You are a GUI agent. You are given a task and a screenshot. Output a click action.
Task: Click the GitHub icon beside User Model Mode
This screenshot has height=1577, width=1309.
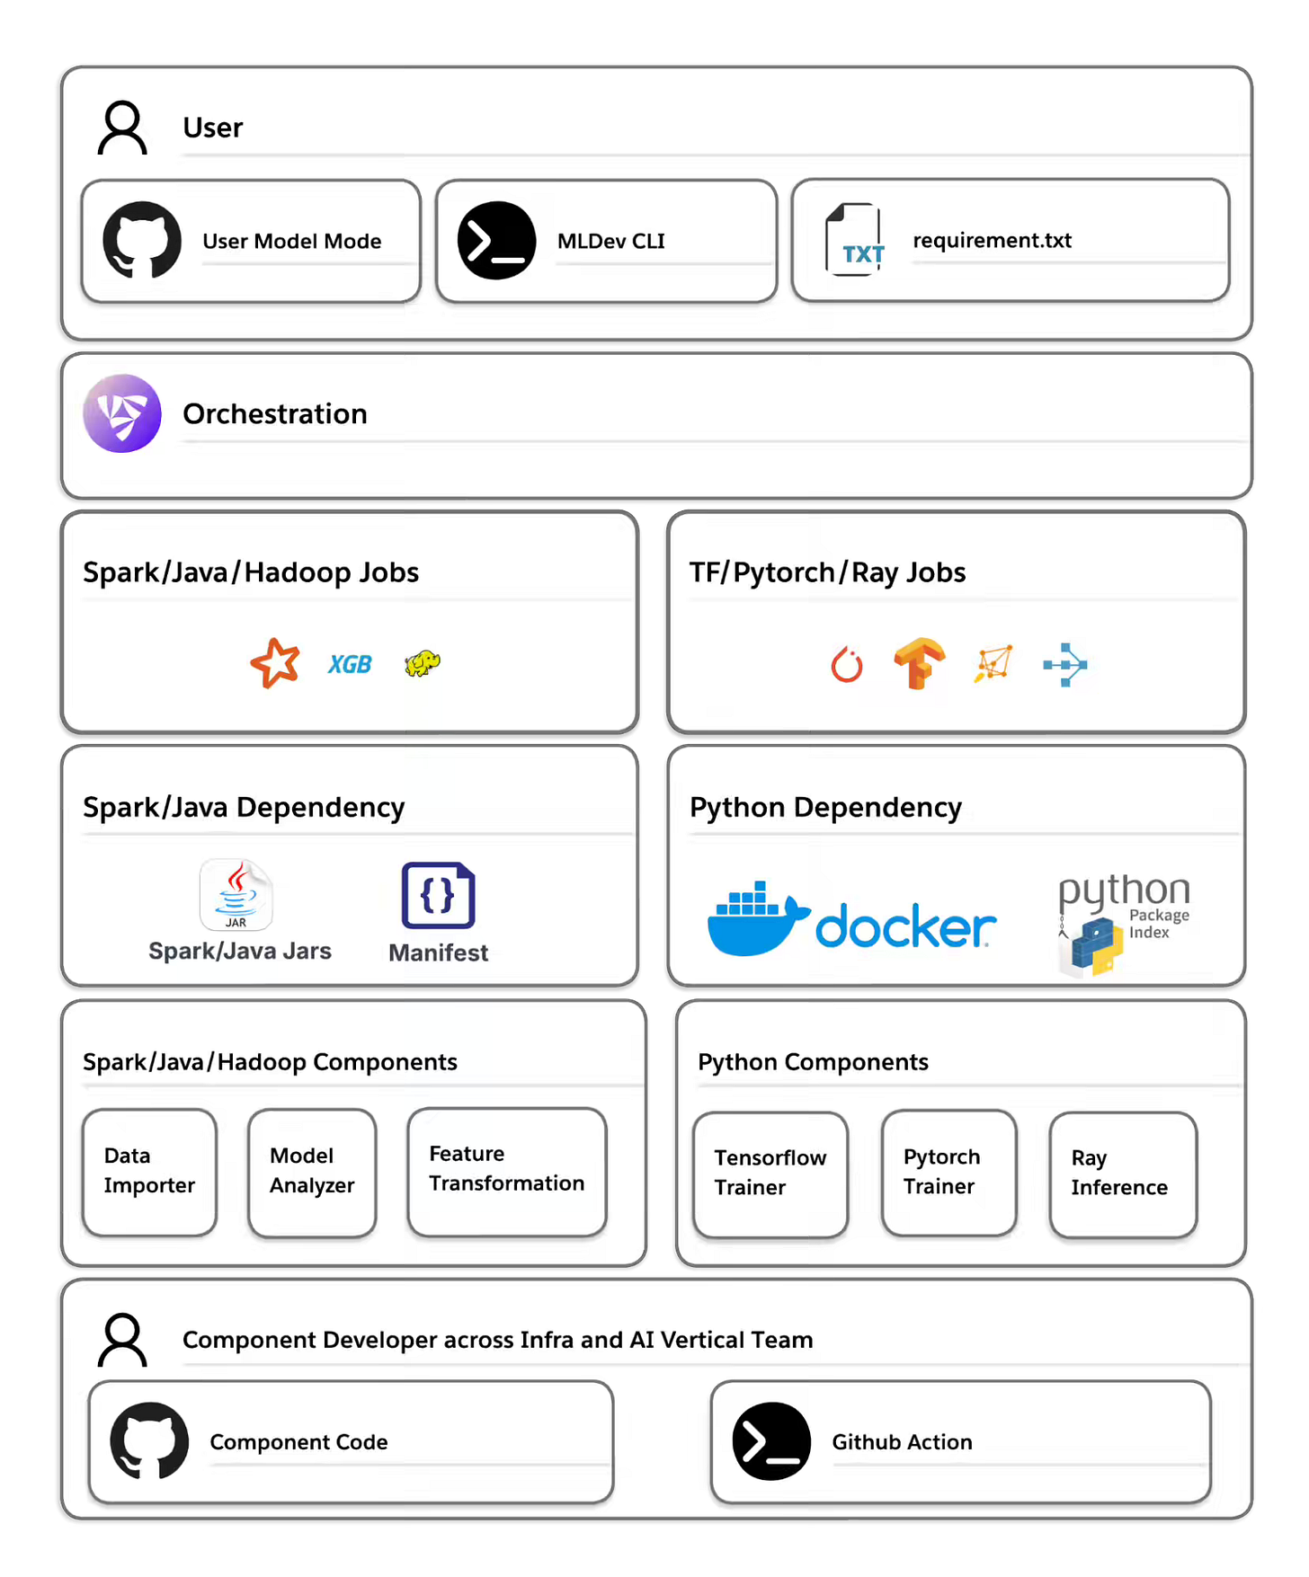click(142, 240)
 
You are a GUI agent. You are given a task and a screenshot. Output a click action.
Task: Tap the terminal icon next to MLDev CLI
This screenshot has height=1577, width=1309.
click(496, 240)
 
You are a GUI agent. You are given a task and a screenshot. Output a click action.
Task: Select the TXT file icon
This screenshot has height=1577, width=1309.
click(854, 240)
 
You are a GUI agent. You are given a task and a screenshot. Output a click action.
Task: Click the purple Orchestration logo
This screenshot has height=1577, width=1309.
click(122, 413)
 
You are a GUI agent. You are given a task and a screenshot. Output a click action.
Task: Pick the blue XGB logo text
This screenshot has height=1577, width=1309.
click(350, 664)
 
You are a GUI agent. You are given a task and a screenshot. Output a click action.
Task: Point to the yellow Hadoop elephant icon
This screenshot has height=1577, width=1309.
click(422, 663)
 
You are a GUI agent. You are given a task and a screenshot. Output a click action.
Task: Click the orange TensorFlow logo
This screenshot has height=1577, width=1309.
click(919, 663)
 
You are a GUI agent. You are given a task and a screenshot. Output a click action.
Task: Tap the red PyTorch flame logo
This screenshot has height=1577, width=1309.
click(846, 665)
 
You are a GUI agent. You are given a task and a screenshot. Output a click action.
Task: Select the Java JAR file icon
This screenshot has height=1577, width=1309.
click(236, 894)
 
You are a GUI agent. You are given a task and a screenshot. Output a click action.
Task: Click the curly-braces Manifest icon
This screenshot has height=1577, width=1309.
click(438, 895)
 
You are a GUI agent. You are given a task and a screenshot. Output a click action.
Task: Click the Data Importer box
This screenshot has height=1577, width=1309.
click(149, 1171)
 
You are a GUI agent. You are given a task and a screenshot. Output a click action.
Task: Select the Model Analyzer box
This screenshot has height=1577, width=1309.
click(312, 1171)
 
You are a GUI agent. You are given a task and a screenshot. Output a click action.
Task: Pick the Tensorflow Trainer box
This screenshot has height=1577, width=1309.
click(770, 1173)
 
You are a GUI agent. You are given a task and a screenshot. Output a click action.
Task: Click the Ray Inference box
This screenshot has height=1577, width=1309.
click(1123, 1173)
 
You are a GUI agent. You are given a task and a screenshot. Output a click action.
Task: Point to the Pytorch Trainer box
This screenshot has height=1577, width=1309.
click(948, 1172)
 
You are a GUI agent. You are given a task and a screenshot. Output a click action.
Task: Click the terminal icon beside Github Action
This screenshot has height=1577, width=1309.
click(771, 1440)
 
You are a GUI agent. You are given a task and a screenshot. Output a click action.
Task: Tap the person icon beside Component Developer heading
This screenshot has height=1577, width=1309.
click(123, 1339)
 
